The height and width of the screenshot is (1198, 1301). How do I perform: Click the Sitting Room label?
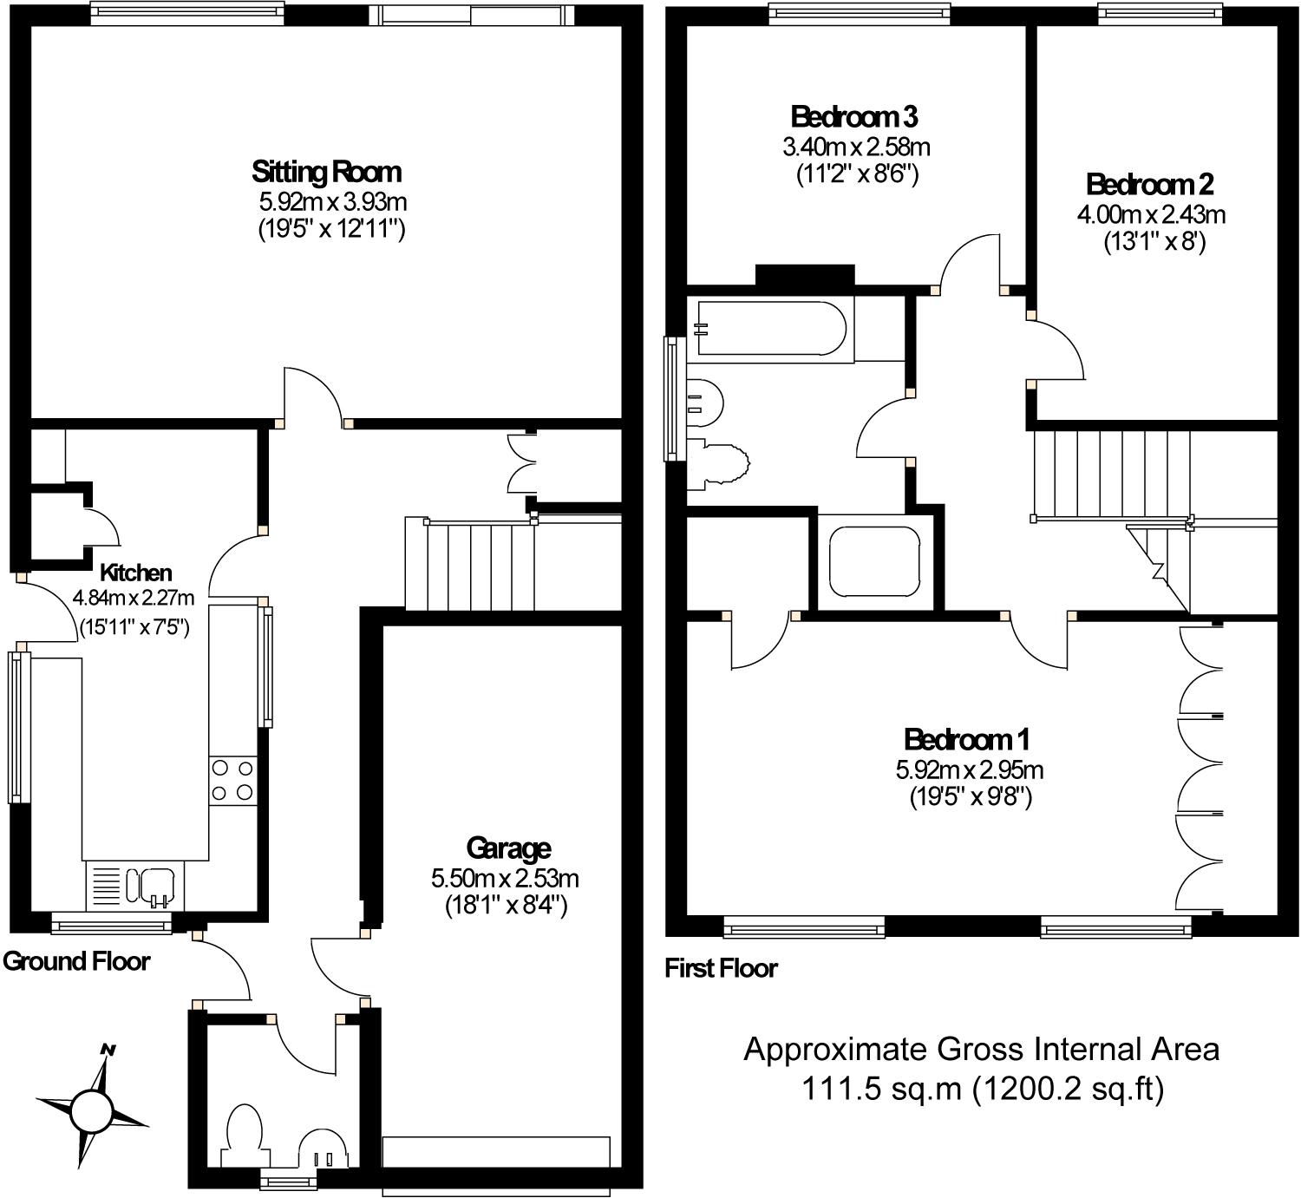(327, 173)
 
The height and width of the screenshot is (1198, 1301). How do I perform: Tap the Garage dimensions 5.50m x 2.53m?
(506, 879)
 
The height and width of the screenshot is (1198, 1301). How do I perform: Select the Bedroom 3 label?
(854, 117)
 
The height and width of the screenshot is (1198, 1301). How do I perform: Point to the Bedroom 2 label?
(1150, 185)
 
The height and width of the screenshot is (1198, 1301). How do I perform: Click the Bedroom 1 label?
(967, 740)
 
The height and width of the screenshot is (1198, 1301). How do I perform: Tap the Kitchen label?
(135, 573)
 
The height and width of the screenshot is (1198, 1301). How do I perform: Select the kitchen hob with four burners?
(232, 781)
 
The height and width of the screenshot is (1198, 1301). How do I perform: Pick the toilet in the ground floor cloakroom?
(245, 1136)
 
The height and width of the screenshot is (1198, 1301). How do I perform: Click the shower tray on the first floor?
(875, 561)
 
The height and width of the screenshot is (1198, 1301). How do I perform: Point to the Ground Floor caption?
(76, 961)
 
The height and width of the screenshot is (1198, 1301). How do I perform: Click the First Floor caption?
(722, 969)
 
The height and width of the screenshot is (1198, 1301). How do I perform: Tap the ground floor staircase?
(469, 563)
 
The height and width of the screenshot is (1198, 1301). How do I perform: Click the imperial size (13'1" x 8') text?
(1154, 243)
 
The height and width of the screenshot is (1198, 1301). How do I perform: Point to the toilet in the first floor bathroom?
(704, 403)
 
